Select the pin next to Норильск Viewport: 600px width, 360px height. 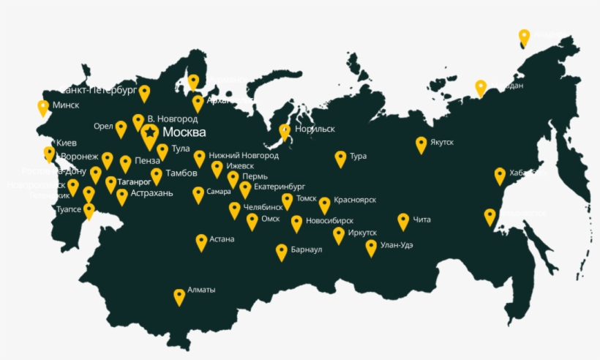tap(285, 132)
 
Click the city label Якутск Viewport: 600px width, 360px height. tap(443, 142)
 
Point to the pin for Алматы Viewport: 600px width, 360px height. tap(179, 296)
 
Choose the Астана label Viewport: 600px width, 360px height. tap(222, 239)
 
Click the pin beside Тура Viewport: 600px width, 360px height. tap(340, 158)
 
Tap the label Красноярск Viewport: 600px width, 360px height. tap(355, 200)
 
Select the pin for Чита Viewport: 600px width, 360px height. tap(403, 221)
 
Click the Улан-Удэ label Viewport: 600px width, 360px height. tap(397, 245)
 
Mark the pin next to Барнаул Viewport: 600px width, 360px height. tap(282, 252)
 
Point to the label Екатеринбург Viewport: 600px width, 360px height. tap(279, 187)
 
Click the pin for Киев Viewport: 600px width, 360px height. tap(49, 153)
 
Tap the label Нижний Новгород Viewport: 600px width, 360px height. tap(244, 156)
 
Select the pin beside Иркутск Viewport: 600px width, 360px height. tap(339, 235)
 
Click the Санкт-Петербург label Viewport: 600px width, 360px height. tap(98, 90)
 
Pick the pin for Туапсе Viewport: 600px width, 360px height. tap(89, 211)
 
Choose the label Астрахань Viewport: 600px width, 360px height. tap(152, 193)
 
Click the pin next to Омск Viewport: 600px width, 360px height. tap(252, 221)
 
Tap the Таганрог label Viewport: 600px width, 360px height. tap(133, 181)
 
